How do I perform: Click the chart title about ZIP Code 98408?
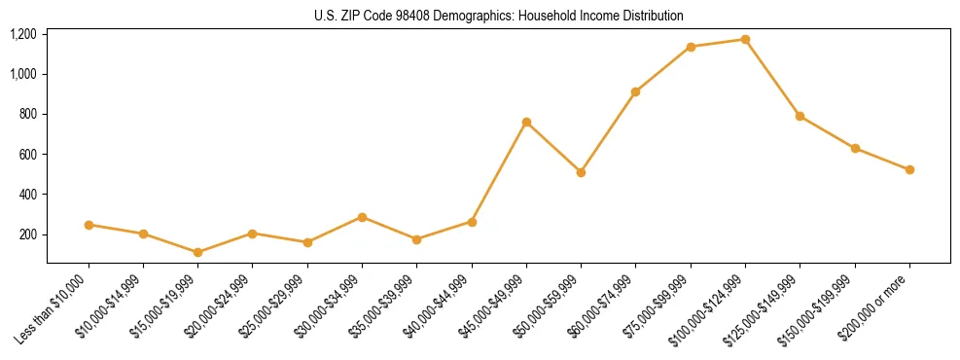(x=498, y=16)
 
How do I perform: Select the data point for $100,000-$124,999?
(x=745, y=39)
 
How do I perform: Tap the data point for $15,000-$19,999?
(x=197, y=252)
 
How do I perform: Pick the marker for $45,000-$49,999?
(x=526, y=122)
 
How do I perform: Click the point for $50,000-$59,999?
(x=581, y=172)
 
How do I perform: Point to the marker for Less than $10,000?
(x=89, y=225)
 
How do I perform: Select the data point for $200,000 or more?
(x=909, y=169)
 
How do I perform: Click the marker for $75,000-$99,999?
(x=691, y=47)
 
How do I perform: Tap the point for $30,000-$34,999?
(x=362, y=217)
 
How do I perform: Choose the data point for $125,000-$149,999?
(x=800, y=116)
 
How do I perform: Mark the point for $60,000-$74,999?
(x=635, y=91)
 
